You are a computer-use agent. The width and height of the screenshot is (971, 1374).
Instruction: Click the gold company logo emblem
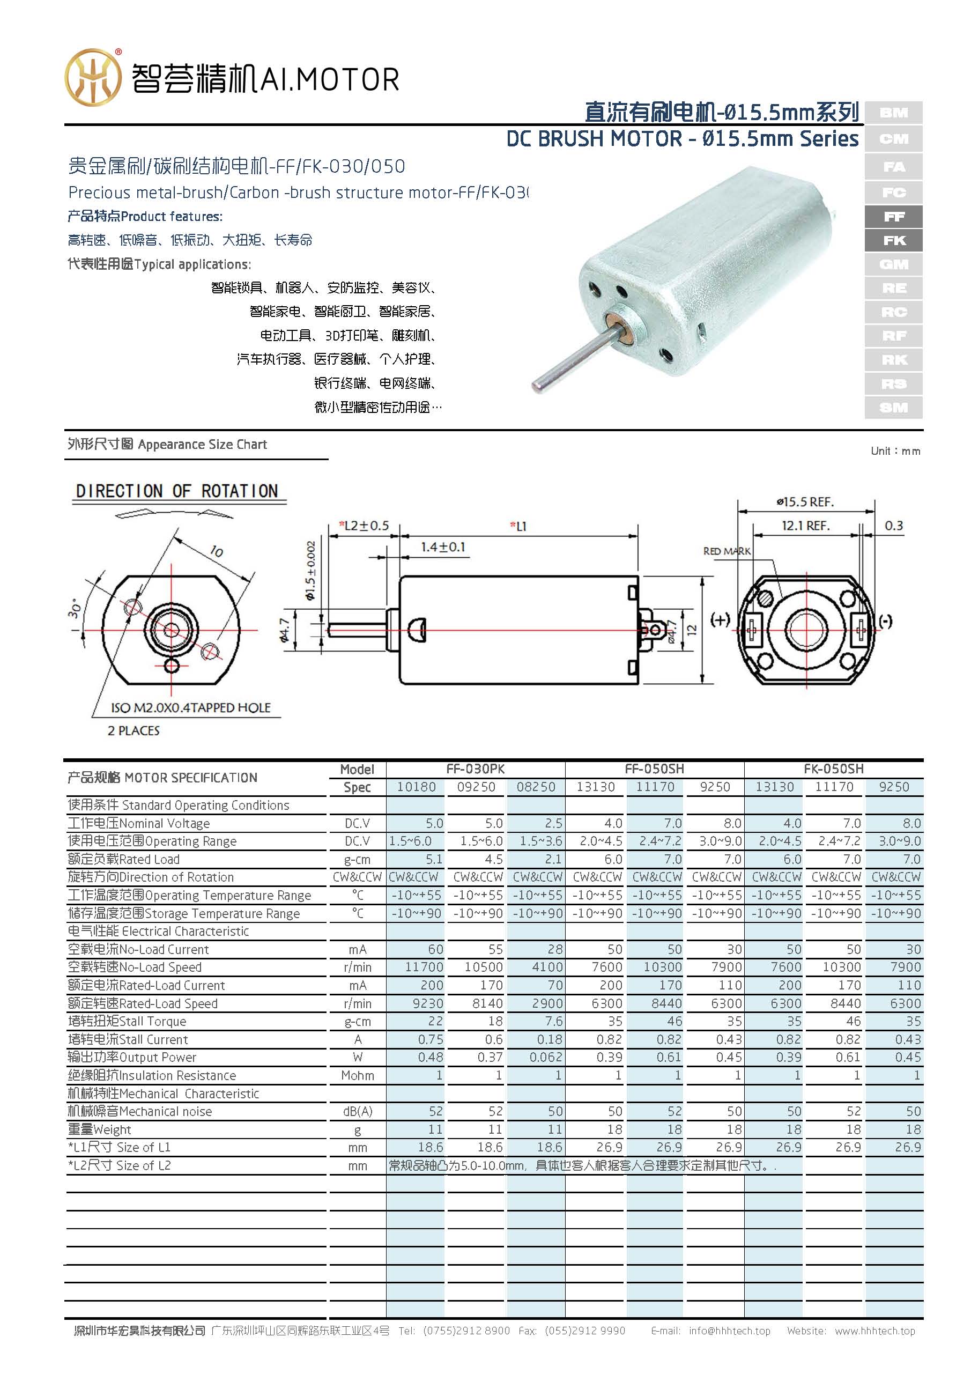(x=93, y=78)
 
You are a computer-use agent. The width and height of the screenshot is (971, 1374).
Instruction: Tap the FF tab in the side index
(x=893, y=217)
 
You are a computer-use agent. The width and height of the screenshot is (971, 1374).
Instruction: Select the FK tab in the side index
(x=893, y=241)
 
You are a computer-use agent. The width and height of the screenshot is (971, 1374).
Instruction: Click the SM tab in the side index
(x=893, y=408)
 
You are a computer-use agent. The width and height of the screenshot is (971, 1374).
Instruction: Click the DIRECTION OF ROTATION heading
(x=177, y=491)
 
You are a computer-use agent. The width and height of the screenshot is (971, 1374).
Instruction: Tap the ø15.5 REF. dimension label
(x=805, y=501)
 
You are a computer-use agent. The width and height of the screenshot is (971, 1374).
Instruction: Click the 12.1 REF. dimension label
(x=805, y=526)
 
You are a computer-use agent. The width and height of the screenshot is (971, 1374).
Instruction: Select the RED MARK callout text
(x=727, y=551)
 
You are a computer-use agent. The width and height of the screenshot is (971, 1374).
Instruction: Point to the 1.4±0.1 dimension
(x=443, y=547)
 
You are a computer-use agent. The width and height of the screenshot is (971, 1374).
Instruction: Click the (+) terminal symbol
(x=720, y=620)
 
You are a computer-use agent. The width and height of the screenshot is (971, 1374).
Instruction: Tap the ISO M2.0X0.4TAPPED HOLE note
(x=190, y=707)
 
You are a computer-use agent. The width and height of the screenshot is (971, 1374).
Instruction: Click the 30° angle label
(x=75, y=609)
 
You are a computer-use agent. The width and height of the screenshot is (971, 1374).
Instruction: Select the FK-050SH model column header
(x=833, y=769)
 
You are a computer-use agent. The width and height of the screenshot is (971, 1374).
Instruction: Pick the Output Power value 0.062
(x=545, y=1058)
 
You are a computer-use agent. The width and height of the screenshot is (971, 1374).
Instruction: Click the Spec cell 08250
(x=536, y=787)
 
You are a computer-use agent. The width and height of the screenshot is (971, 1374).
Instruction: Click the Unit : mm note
(x=895, y=450)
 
